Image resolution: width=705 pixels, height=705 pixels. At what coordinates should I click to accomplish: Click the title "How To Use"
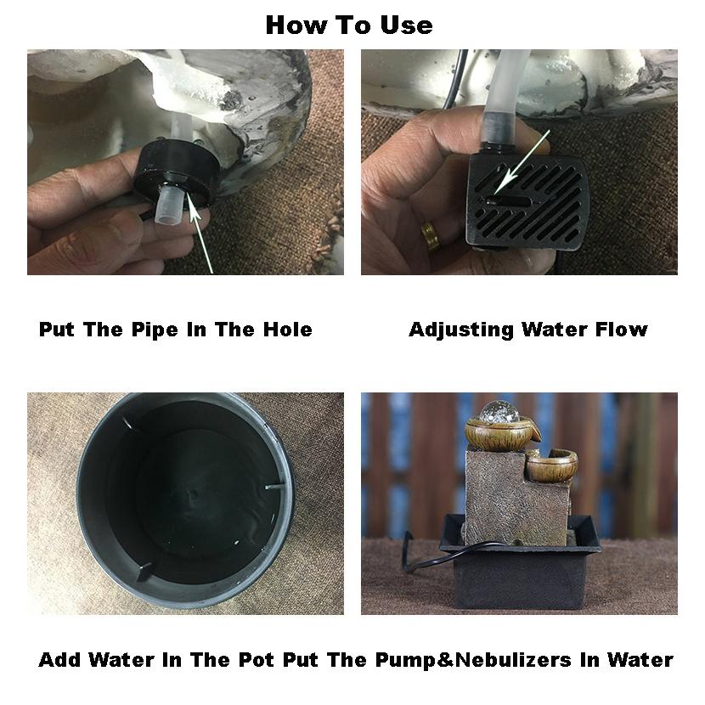point(349,25)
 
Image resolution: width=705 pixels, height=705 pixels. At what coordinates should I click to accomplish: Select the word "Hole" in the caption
point(288,330)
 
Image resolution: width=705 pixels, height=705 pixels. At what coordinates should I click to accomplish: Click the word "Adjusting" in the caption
point(461,330)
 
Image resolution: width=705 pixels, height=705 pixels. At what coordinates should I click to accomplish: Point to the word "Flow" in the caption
point(622,330)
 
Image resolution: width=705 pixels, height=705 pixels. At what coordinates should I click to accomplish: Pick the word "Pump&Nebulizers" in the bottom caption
point(473,660)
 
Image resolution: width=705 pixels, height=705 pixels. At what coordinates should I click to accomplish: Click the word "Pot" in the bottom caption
point(256,660)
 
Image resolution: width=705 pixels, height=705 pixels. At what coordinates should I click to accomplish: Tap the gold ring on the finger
point(431,234)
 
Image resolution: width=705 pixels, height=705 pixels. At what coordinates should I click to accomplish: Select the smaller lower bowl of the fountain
point(551,466)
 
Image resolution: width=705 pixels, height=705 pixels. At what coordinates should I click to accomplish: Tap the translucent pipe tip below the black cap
point(168,207)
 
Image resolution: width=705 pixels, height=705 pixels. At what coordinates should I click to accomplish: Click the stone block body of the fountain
point(516,497)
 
